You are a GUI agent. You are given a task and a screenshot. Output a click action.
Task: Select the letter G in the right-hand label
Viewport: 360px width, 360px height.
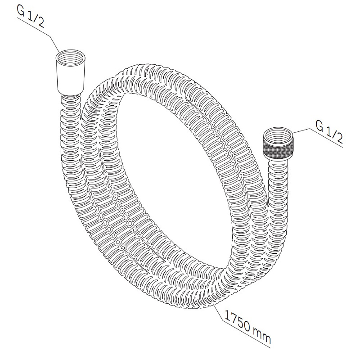tap(320, 125)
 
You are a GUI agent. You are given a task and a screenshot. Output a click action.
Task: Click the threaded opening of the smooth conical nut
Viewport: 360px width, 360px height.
tap(71, 59)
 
